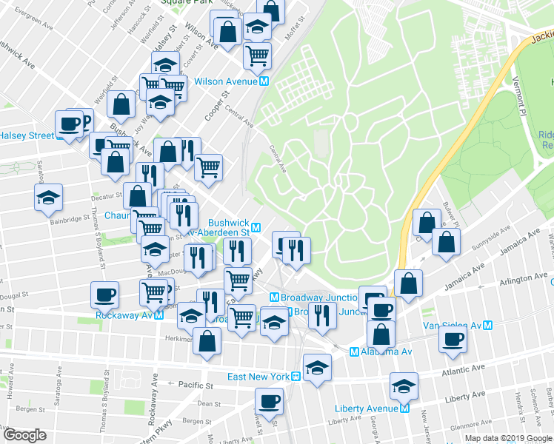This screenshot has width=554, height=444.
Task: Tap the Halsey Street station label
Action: pyautogui.click(x=27, y=135)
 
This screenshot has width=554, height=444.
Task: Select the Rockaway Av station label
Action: pyautogui.click(x=124, y=315)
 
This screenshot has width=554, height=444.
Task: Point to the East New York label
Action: pyautogui.click(x=258, y=377)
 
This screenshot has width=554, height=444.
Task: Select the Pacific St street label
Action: pyautogui.click(x=195, y=385)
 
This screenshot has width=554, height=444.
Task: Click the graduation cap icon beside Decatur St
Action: pyautogui.click(x=49, y=198)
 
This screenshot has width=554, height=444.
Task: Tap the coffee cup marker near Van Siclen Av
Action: pyautogui.click(x=453, y=339)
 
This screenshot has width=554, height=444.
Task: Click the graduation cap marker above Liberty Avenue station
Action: pyautogui.click(x=404, y=386)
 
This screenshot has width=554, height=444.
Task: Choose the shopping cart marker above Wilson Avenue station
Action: pyautogui.click(x=257, y=54)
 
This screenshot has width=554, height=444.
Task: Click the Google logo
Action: pyautogui.click(x=24, y=434)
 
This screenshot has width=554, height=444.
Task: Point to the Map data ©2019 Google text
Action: pyautogui.click(x=507, y=438)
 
